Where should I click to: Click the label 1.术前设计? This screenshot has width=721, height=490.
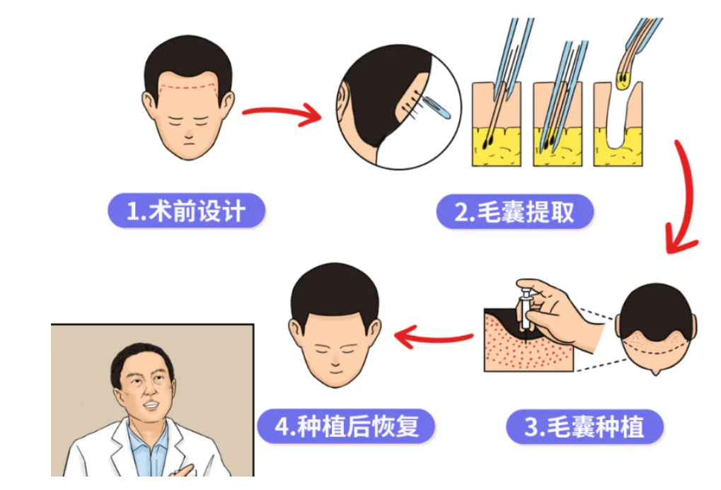coord(186,211)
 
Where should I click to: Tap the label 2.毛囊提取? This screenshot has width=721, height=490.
coord(514,212)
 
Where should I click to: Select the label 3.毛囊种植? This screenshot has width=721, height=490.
coord(584,427)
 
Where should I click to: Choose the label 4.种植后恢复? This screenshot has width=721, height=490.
coord(346,426)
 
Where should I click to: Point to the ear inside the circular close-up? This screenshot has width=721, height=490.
coord(343,103)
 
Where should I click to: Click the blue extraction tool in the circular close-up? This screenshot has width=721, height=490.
coord(437,107)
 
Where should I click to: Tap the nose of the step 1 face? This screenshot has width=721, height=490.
coord(188,134)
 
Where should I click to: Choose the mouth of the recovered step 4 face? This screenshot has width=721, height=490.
coord(335,371)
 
